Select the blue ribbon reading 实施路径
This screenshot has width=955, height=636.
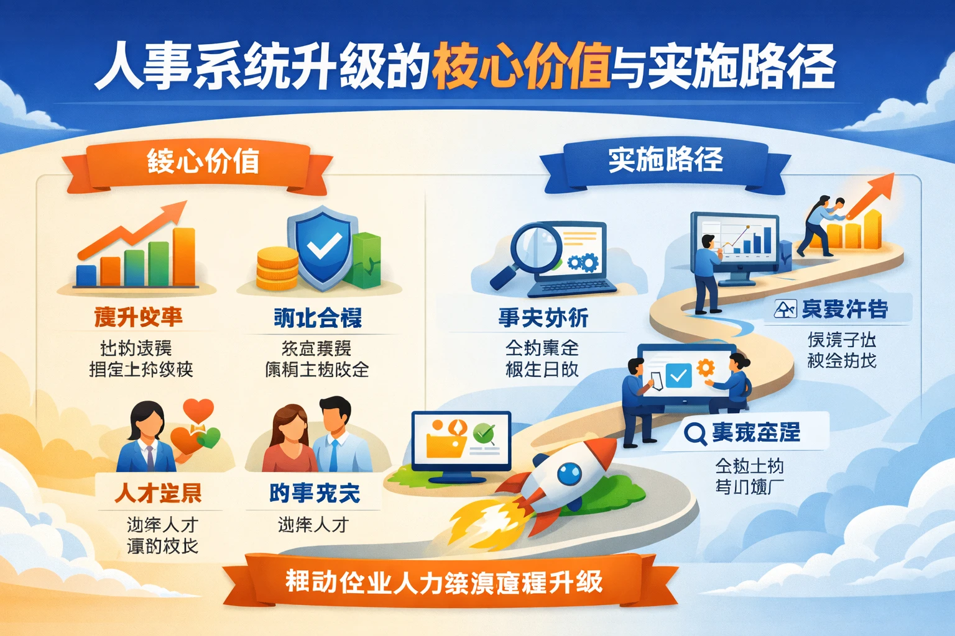665,160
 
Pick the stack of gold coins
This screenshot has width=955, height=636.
277,268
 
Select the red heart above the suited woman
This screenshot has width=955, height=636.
198,410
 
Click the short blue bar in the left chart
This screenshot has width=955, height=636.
86,275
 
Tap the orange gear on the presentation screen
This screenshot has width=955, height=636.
706,368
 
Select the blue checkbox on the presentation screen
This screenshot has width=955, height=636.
678,375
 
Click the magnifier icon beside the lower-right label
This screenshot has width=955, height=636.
694,432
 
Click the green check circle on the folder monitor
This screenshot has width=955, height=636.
484,432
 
